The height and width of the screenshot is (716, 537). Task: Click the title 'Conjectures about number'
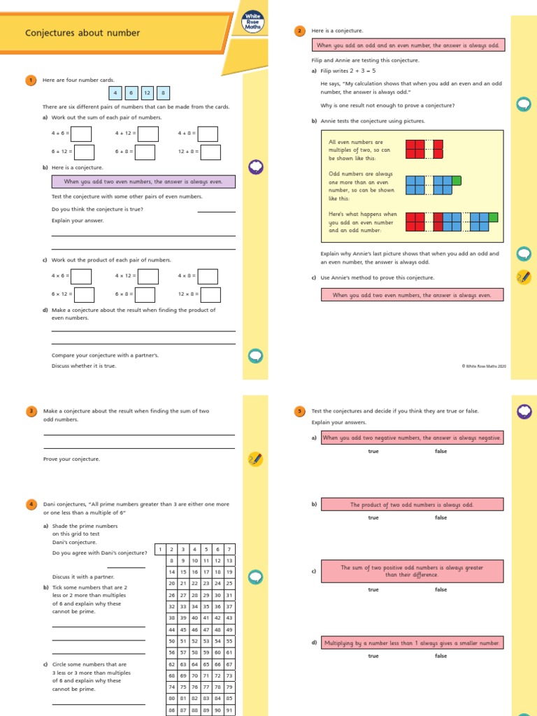[83, 33]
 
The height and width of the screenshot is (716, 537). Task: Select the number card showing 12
[147, 92]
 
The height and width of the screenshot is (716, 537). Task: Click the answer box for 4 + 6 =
[81, 134]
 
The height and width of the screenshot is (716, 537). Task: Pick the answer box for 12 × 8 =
[210, 295]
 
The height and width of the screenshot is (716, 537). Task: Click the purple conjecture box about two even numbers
[143, 182]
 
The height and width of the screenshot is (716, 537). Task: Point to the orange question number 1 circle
[31, 80]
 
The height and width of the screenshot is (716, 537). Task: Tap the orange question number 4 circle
[31, 503]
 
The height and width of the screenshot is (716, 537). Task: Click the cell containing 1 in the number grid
[159, 550]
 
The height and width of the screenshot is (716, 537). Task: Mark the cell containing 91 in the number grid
[229, 710]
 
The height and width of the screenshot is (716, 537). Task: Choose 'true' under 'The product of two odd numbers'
[373, 517]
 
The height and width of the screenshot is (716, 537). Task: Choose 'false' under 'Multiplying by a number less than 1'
[441, 656]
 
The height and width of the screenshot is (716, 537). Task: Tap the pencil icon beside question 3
[255, 459]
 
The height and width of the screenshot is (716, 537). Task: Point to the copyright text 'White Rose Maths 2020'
[483, 366]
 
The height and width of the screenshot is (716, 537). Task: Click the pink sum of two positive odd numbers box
[412, 571]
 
